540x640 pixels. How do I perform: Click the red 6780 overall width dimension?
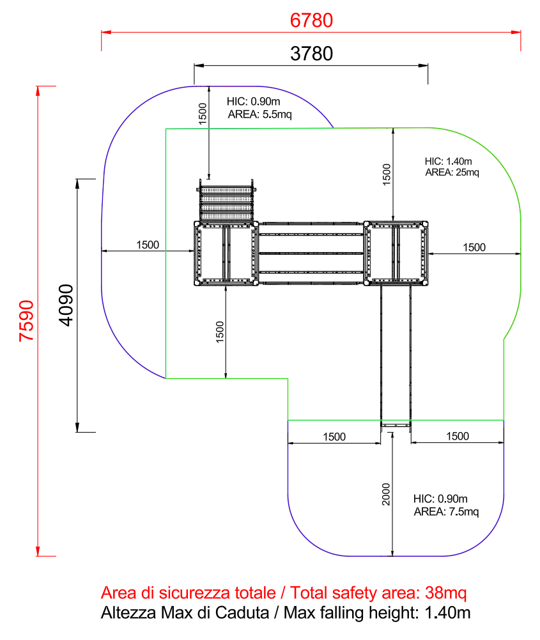pyautogui.click(x=311, y=20)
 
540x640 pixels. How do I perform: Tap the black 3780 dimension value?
pyautogui.click(x=311, y=54)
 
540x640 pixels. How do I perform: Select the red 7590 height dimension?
pyautogui.click(x=27, y=321)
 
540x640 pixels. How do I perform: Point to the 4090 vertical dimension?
pyautogui.click(x=66, y=305)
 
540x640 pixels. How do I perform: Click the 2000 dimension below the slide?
pyautogui.click(x=386, y=494)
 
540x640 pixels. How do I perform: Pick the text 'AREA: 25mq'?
pyautogui.click(x=452, y=172)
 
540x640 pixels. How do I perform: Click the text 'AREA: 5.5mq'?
pyautogui.click(x=259, y=115)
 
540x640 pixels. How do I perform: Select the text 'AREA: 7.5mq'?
pyautogui.click(x=446, y=511)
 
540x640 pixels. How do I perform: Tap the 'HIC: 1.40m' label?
pyautogui.click(x=449, y=161)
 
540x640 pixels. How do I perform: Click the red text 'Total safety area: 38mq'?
pyautogui.click(x=378, y=593)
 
